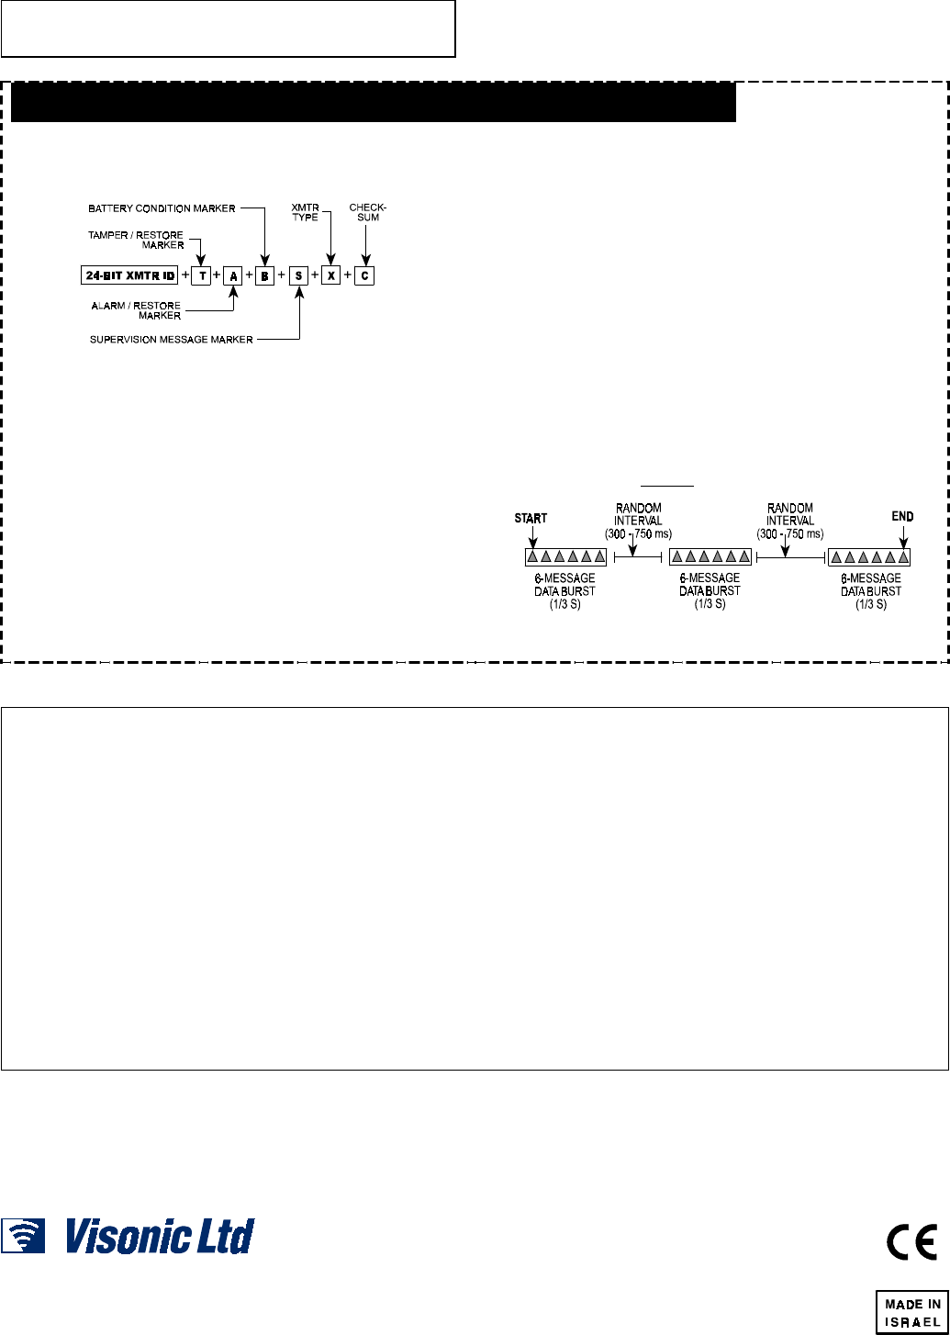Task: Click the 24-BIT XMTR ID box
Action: click(129, 275)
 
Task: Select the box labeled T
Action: click(201, 275)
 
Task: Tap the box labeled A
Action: click(232, 275)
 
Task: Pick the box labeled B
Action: click(264, 275)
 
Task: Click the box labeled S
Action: click(298, 275)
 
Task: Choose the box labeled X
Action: click(330, 275)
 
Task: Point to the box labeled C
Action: click(364, 275)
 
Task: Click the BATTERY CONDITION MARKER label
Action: click(162, 208)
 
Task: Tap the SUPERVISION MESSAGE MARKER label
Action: click(171, 340)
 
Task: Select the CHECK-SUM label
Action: click(367, 212)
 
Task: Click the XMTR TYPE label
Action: click(306, 212)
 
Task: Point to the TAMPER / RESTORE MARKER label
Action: click(136, 240)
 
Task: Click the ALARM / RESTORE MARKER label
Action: click(137, 310)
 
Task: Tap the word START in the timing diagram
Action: click(531, 519)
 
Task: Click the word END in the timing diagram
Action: click(902, 517)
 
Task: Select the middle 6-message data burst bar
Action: click(710, 556)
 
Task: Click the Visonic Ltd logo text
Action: click(159, 1236)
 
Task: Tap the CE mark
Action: click(911, 1242)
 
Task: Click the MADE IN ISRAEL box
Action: click(911, 1311)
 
